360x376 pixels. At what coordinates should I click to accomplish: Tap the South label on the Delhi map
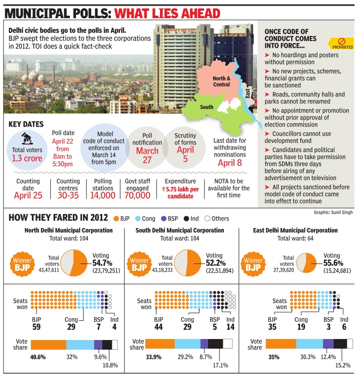(x=207, y=107)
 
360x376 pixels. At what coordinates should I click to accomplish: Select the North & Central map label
(x=221, y=82)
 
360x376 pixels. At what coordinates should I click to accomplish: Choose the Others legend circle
(x=207, y=218)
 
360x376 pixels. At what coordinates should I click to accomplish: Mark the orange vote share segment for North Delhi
(x=49, y=345)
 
